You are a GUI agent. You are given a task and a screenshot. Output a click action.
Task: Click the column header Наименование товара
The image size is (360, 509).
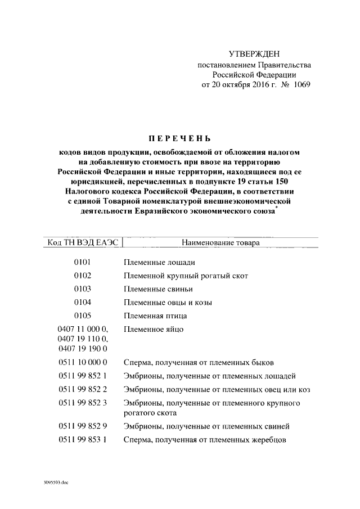click(220, 244)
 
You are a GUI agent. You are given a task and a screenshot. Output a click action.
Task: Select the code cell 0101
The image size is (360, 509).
click(82, 262)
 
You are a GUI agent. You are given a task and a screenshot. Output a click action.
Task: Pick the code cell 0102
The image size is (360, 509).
click(82, 276)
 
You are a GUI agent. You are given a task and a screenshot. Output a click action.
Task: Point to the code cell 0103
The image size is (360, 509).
click(82, 289)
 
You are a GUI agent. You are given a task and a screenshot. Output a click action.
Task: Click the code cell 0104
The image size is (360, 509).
click(82, 302)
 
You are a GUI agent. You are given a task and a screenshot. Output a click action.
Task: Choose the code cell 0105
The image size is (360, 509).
click(82, 316)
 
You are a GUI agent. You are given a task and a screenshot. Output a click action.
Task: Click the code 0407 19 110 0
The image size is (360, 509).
click(83, 339)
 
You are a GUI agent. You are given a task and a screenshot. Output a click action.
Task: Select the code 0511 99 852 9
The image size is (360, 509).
click(83, 426)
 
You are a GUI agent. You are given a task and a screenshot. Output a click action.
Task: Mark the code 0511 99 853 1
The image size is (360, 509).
click(83, 440)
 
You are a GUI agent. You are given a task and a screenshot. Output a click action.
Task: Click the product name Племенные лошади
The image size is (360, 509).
click(160, 262)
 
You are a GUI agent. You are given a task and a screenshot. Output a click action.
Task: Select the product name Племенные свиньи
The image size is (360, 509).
click(159, 289)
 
